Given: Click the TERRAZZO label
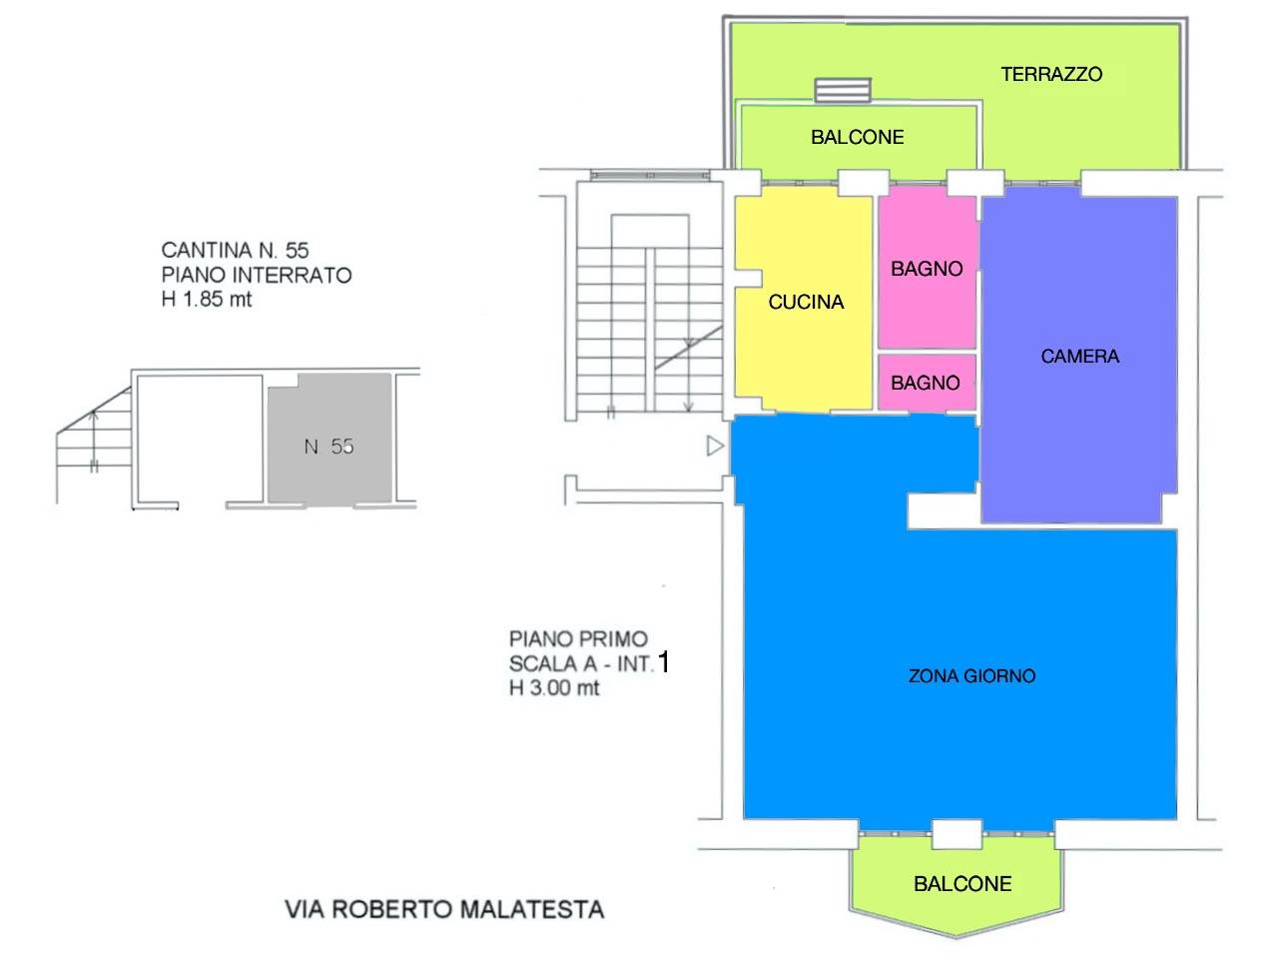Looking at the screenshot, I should [1051, 74].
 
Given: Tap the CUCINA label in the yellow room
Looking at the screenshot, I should [806, 302].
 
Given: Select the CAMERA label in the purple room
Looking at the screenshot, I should [1079, 356].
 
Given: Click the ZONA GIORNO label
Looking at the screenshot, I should [971, 676].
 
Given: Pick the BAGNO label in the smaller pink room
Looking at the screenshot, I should [926, 383].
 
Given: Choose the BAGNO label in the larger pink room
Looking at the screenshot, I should [927, 269].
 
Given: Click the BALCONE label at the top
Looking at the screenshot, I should [857, 137].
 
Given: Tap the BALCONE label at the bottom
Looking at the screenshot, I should [963, 883].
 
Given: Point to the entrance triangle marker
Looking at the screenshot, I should [714, 447].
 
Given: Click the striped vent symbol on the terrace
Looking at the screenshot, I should [844, 90].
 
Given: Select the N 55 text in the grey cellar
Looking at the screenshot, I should [328, 447].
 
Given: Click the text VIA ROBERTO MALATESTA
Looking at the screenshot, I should [444, 909].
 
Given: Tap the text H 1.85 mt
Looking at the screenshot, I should [207, 299].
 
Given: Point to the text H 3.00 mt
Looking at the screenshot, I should [554, 687].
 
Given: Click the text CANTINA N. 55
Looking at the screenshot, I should [235, 250].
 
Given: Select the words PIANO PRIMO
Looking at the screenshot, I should [578, 638].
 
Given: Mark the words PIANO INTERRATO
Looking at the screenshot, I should [257, 275].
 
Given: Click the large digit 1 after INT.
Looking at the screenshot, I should [664, 662].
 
